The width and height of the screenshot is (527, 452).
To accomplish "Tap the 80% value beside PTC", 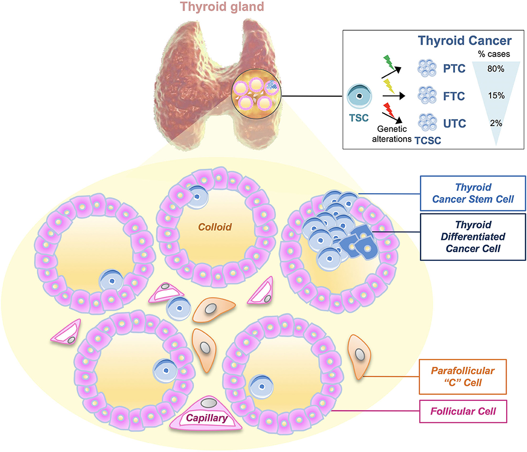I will tap(495, 69).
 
